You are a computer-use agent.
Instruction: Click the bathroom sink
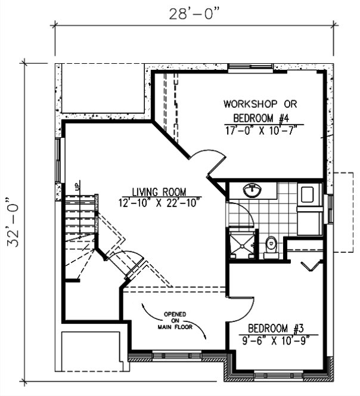[x=253, y=191]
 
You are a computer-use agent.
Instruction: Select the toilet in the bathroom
[x=272, y=245]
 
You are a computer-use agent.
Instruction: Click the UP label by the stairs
[x=77, y=186]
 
